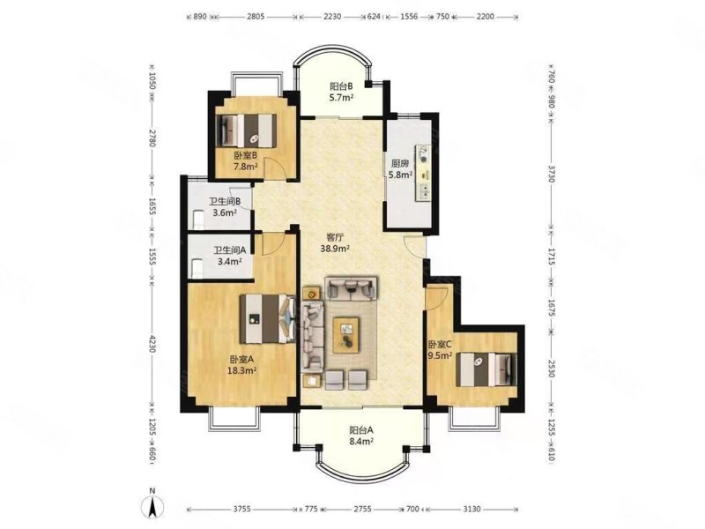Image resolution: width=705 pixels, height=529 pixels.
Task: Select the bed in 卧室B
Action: [x=247, y=130]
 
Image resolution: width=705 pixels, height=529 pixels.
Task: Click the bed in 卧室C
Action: [x=486, y=369]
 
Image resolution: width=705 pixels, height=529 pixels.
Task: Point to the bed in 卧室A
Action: [x=268, y=319]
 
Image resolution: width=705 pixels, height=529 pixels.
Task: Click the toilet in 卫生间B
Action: [x=197, y=218]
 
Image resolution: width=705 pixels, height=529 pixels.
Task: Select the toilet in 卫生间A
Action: [x=197, y=268]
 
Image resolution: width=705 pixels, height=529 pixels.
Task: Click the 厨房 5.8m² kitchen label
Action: [x=400, y=169]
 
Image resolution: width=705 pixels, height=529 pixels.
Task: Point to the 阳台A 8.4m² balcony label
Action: [x=361, y=436]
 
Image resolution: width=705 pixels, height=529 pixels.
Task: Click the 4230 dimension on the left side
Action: [x=152, y=344]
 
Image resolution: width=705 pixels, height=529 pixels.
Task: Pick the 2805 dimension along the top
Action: [x=256, y=17]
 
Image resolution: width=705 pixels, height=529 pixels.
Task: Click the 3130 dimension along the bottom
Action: [x=471, y=510]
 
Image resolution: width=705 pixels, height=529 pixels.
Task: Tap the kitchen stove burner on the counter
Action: [x=424, y=154]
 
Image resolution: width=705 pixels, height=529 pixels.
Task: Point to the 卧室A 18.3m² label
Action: [x=241, y=365]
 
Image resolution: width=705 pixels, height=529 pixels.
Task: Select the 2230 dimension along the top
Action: [x=332, y=17]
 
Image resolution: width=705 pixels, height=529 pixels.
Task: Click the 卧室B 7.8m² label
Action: [x=245, y=161]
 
